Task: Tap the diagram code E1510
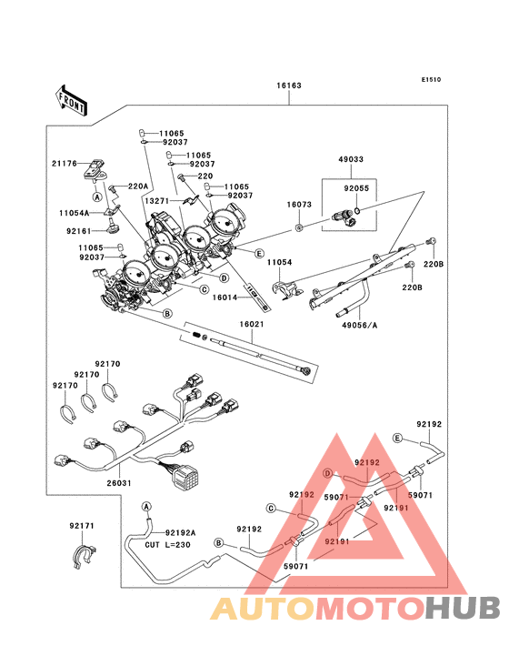pos(431,79)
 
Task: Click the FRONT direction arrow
pos(72,99)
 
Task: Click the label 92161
pos(78,231)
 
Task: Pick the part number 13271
pos(157,200)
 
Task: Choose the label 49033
pos(352,158)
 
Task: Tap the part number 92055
pos(356,189)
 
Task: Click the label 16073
pos(300,206)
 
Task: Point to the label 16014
pos(226,296)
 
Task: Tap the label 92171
pos(82,526)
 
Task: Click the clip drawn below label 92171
pos(84,555)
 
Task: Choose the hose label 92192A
pos(180,533)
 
